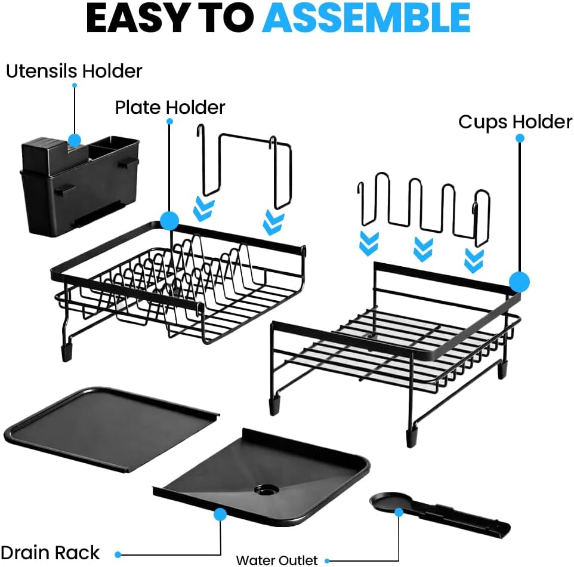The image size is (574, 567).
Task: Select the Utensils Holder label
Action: click(x=74, y=71)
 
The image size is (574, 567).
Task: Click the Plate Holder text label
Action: click(x=170, y=107)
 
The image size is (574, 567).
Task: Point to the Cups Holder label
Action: click(x=515, y=122)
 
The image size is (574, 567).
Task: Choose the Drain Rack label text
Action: click(x=50, y=552)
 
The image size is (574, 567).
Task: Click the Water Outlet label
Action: click(x=277, y=560)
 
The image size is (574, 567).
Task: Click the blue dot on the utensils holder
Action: click(x=75, y=140)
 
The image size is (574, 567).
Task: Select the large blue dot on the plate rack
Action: click(x=169, y=220)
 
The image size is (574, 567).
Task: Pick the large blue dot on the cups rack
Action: click(x=520, y=282)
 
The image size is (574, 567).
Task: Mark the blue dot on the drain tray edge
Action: click(x=220, y=513)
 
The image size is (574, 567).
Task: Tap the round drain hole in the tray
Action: click(x=266, y=489)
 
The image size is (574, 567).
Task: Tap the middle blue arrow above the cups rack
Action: click(x=423, y=249)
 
